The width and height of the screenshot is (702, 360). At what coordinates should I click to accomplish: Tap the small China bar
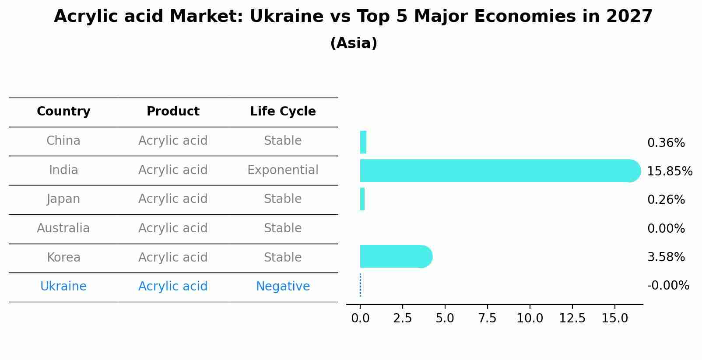click(363, 142)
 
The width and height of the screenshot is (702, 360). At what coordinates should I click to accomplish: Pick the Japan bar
click(362, 199)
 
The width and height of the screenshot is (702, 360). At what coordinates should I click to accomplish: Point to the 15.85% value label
click(670, 171)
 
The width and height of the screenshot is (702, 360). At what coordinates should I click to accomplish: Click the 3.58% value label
click(666, 257)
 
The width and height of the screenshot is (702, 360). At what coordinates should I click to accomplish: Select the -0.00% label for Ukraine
click(668, 286)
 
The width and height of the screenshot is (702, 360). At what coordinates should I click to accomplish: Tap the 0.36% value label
click(666, 143)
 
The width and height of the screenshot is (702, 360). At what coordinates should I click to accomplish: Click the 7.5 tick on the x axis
click(487, 318)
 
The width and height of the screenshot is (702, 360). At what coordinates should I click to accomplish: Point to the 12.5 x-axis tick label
click(572, 318)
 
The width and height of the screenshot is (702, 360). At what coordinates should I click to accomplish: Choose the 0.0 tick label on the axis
click(360, 318)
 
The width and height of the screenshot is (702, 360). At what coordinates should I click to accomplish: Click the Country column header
click(63, 112)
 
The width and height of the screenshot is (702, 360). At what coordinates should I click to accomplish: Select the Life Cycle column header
click(283, 112)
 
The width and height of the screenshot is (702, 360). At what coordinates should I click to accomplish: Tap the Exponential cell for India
click(283, 170)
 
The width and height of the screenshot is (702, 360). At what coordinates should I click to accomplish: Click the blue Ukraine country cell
click(63, 287)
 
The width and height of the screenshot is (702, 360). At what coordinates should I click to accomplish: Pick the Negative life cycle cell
click(283, 287)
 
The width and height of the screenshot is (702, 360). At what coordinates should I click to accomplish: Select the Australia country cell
click(63, 228)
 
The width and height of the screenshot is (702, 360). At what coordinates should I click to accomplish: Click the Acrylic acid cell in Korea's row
click(173, 258)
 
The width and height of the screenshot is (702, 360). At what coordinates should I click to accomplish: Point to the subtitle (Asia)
click(354, 43)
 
